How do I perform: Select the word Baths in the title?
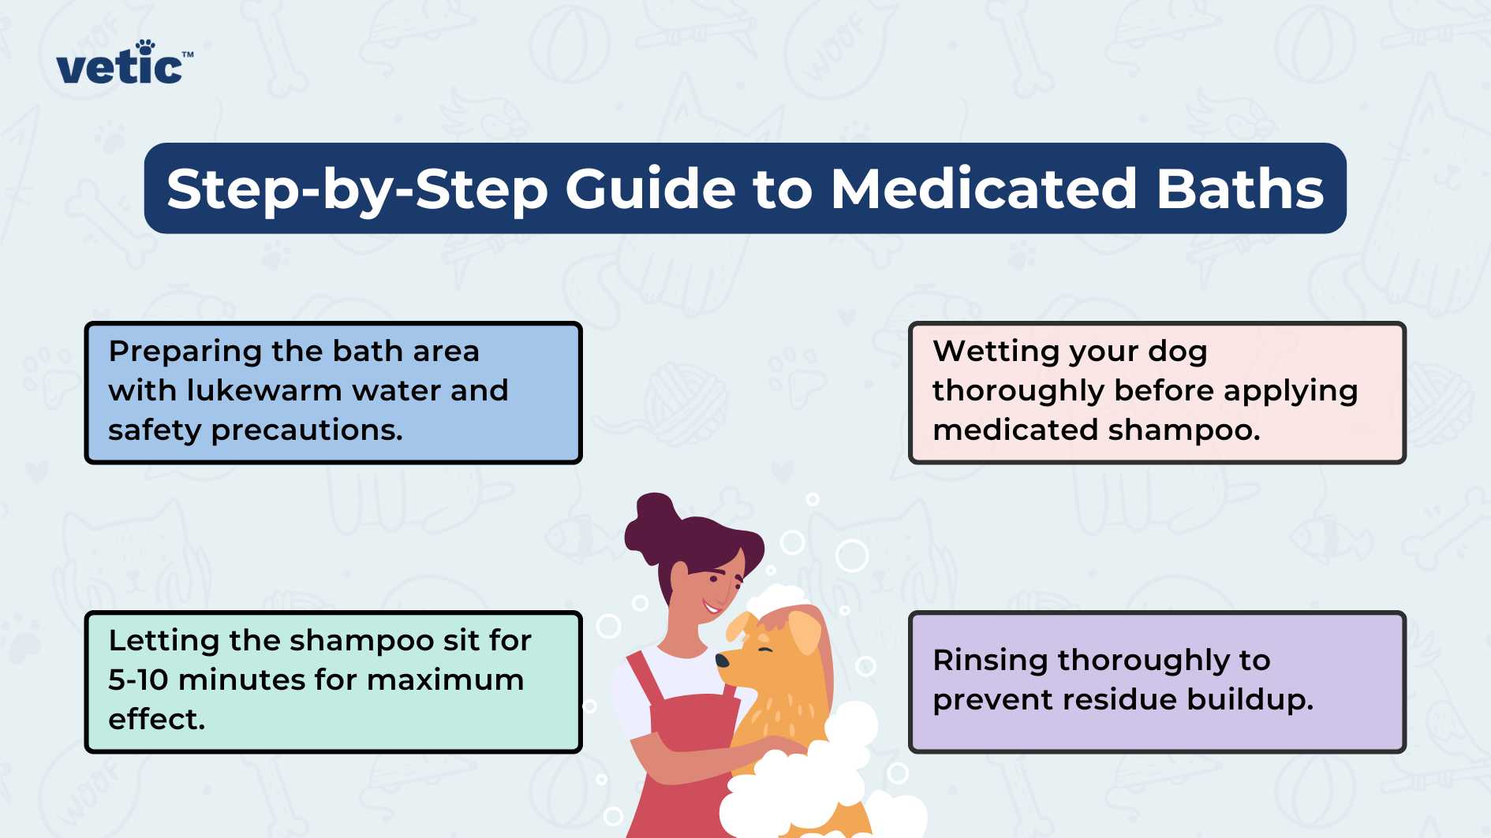(1239, 189)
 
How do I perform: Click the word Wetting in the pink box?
(996, 352)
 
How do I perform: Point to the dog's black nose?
(722, 660)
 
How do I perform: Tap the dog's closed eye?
(764, 649)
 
